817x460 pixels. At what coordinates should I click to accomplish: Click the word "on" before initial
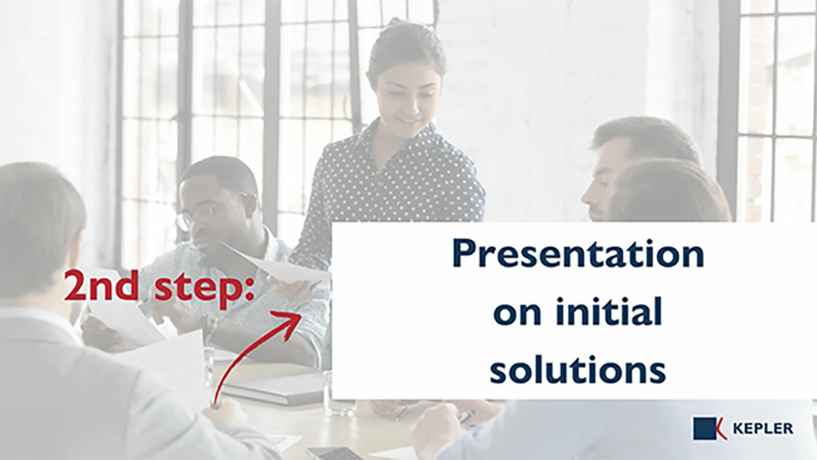[517, 316]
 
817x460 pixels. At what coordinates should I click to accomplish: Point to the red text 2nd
[101, 286]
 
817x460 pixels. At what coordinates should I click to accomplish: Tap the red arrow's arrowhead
[288, 323]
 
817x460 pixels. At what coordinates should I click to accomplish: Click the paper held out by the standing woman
[277, 264]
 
